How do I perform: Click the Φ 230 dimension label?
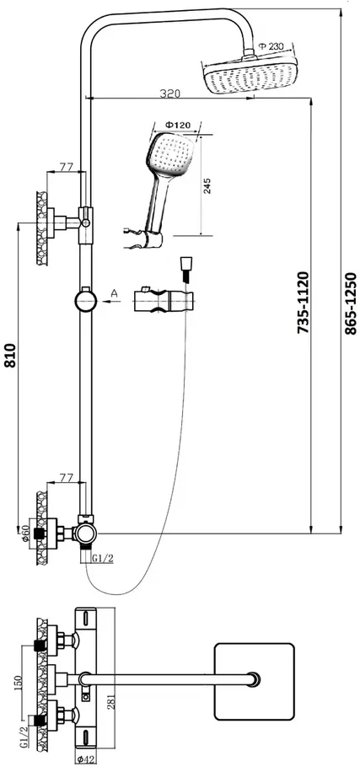tap(271, 46)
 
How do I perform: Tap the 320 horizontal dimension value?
tap(170, 93)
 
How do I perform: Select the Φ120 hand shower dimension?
tap(177, 125)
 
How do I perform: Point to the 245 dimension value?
tap(207, 186)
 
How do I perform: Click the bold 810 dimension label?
tap(11, 356)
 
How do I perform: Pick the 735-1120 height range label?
tap(303, 303)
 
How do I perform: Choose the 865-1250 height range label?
tap(350, 303)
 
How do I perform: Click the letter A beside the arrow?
tap(115, 293)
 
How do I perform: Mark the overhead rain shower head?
tap(250, 74)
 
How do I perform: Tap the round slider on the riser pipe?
tap(86, 300)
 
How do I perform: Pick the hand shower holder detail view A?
tap(164, 300)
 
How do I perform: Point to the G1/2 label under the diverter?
tap(104, 558)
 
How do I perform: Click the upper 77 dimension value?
tap(67, 166)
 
